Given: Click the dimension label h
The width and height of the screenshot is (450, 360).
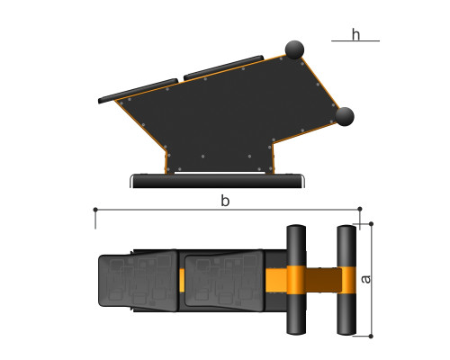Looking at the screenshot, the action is coord(355,34).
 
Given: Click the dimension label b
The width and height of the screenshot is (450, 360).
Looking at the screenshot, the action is coord(225,201).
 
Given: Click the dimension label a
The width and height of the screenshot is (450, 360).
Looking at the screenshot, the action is coord(365,279).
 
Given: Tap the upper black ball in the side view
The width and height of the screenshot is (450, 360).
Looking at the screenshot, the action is coord(294,49).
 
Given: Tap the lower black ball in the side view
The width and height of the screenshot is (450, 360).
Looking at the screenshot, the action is coord(345,117).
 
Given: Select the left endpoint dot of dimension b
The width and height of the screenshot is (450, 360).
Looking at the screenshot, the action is coord(95,210).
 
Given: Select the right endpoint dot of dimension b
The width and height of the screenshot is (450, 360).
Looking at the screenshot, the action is coord(360,209).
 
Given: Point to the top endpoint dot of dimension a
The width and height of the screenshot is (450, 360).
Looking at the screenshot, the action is coord(371,224).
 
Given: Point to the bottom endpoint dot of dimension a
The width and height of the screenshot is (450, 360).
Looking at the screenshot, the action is coord(371,337).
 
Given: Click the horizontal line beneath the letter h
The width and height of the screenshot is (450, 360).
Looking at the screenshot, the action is coord(355,40).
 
